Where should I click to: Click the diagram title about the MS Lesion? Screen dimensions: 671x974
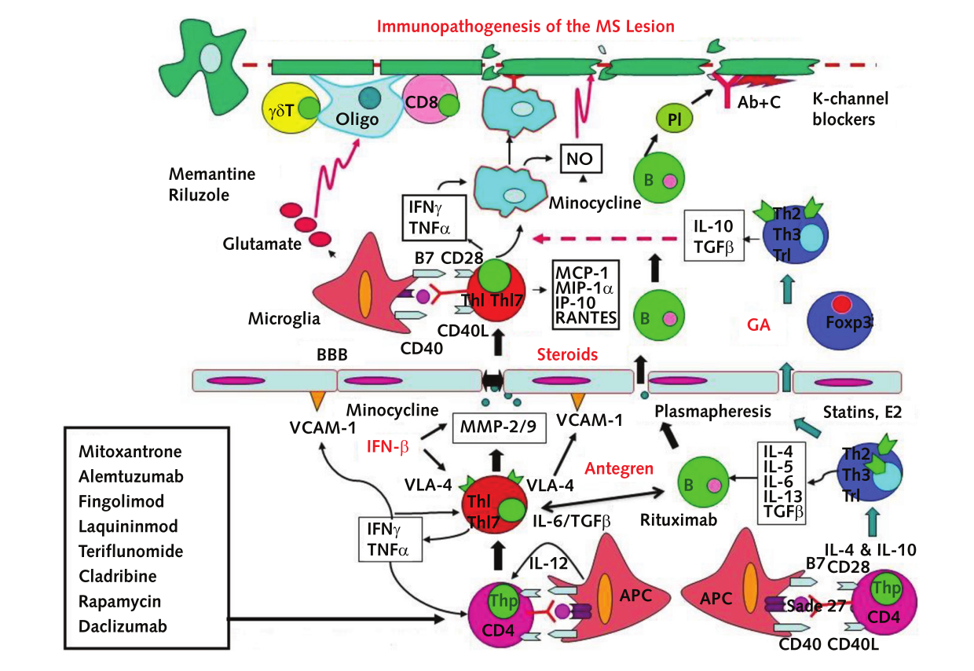click(525, 26)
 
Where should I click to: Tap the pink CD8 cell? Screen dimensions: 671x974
click(431, 105)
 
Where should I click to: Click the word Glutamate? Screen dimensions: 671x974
click(262, 244)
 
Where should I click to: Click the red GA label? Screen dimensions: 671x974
click(758, 323)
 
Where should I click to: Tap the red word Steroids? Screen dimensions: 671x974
click(567, 354)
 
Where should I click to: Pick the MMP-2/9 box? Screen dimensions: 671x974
click(499, 428)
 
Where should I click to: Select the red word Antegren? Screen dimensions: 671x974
click(618, 469)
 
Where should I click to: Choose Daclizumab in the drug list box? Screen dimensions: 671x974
click(123, 626)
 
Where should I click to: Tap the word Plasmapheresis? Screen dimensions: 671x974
click(712, 411)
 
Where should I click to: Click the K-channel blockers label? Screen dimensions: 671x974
click(851, 109)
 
